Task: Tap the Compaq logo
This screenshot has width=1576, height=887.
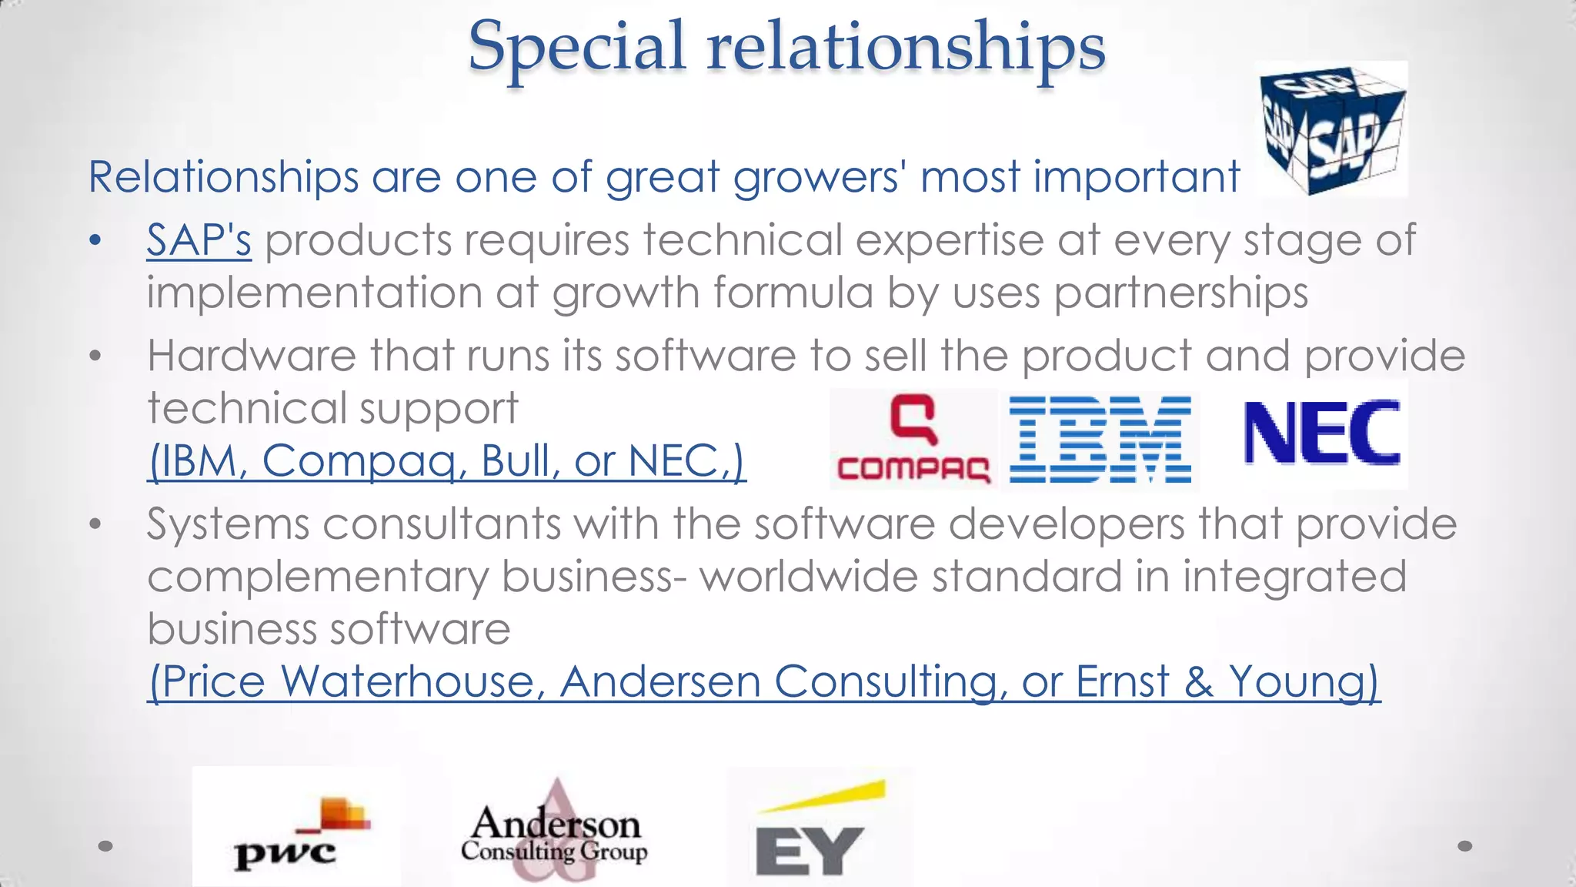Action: tap(913, 439)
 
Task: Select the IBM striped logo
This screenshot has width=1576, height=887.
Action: tap(1100, 439)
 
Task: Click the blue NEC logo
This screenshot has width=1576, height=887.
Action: tap(1321, 433)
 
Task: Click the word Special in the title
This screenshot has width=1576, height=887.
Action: tap(576, 45)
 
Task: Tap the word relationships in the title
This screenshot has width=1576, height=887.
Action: tap(906, 45)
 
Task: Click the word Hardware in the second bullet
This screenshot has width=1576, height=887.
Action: tap(252, 356)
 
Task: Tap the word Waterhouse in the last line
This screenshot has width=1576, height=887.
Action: tap(412, 681)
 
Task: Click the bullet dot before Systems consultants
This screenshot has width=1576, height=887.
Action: tap(95, 524)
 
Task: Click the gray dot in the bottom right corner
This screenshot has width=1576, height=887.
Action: tap(1465, 846)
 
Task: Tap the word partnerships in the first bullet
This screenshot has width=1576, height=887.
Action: tap(1180, 293)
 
